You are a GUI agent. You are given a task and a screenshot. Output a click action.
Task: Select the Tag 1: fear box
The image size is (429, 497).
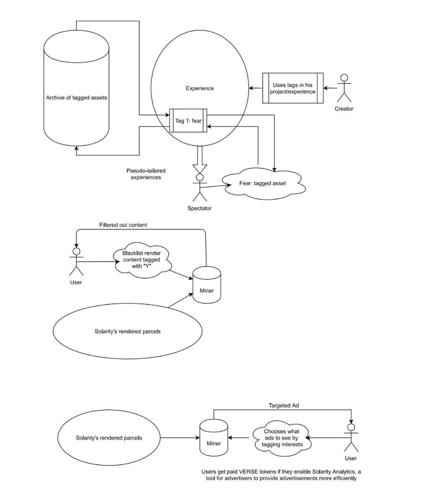[x=189, y=121]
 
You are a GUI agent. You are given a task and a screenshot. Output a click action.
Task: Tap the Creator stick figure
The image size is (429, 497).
[x=344, y=88]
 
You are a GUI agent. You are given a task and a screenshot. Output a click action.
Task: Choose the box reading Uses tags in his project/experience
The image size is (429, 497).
[x=293, y=88]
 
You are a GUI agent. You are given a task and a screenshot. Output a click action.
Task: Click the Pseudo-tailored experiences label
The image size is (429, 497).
[x=146, y=174]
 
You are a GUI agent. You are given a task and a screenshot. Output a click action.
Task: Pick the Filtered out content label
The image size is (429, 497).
[x=123, y=225]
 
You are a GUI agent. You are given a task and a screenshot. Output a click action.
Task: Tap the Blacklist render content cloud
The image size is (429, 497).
[x=142, y=260]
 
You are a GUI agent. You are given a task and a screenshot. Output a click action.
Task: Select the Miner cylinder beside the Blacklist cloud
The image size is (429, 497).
[x=207, y=285]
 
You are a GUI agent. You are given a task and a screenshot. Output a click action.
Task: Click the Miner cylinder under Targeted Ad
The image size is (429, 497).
[x=214, y=438]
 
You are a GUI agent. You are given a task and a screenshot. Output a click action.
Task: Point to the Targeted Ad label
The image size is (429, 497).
[x=284, y=405]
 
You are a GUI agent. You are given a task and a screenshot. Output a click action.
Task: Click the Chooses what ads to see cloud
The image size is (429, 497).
[x=282, y=438]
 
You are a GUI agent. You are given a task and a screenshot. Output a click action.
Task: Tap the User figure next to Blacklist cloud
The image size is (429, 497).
[x=76, y=262]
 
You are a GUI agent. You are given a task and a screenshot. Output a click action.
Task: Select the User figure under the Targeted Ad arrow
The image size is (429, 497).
[x=351, y=438]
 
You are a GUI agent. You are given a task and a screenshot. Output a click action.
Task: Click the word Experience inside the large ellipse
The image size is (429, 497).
[x=200, y=88]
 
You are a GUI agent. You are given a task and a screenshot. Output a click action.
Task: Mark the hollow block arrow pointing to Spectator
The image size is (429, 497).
[x=200, y=160]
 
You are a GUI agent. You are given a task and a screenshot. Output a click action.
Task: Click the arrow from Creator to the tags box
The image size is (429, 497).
[x=331, y=88]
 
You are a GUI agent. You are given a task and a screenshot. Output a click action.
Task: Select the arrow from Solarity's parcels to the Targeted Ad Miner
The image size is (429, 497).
[x=180, y=438]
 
